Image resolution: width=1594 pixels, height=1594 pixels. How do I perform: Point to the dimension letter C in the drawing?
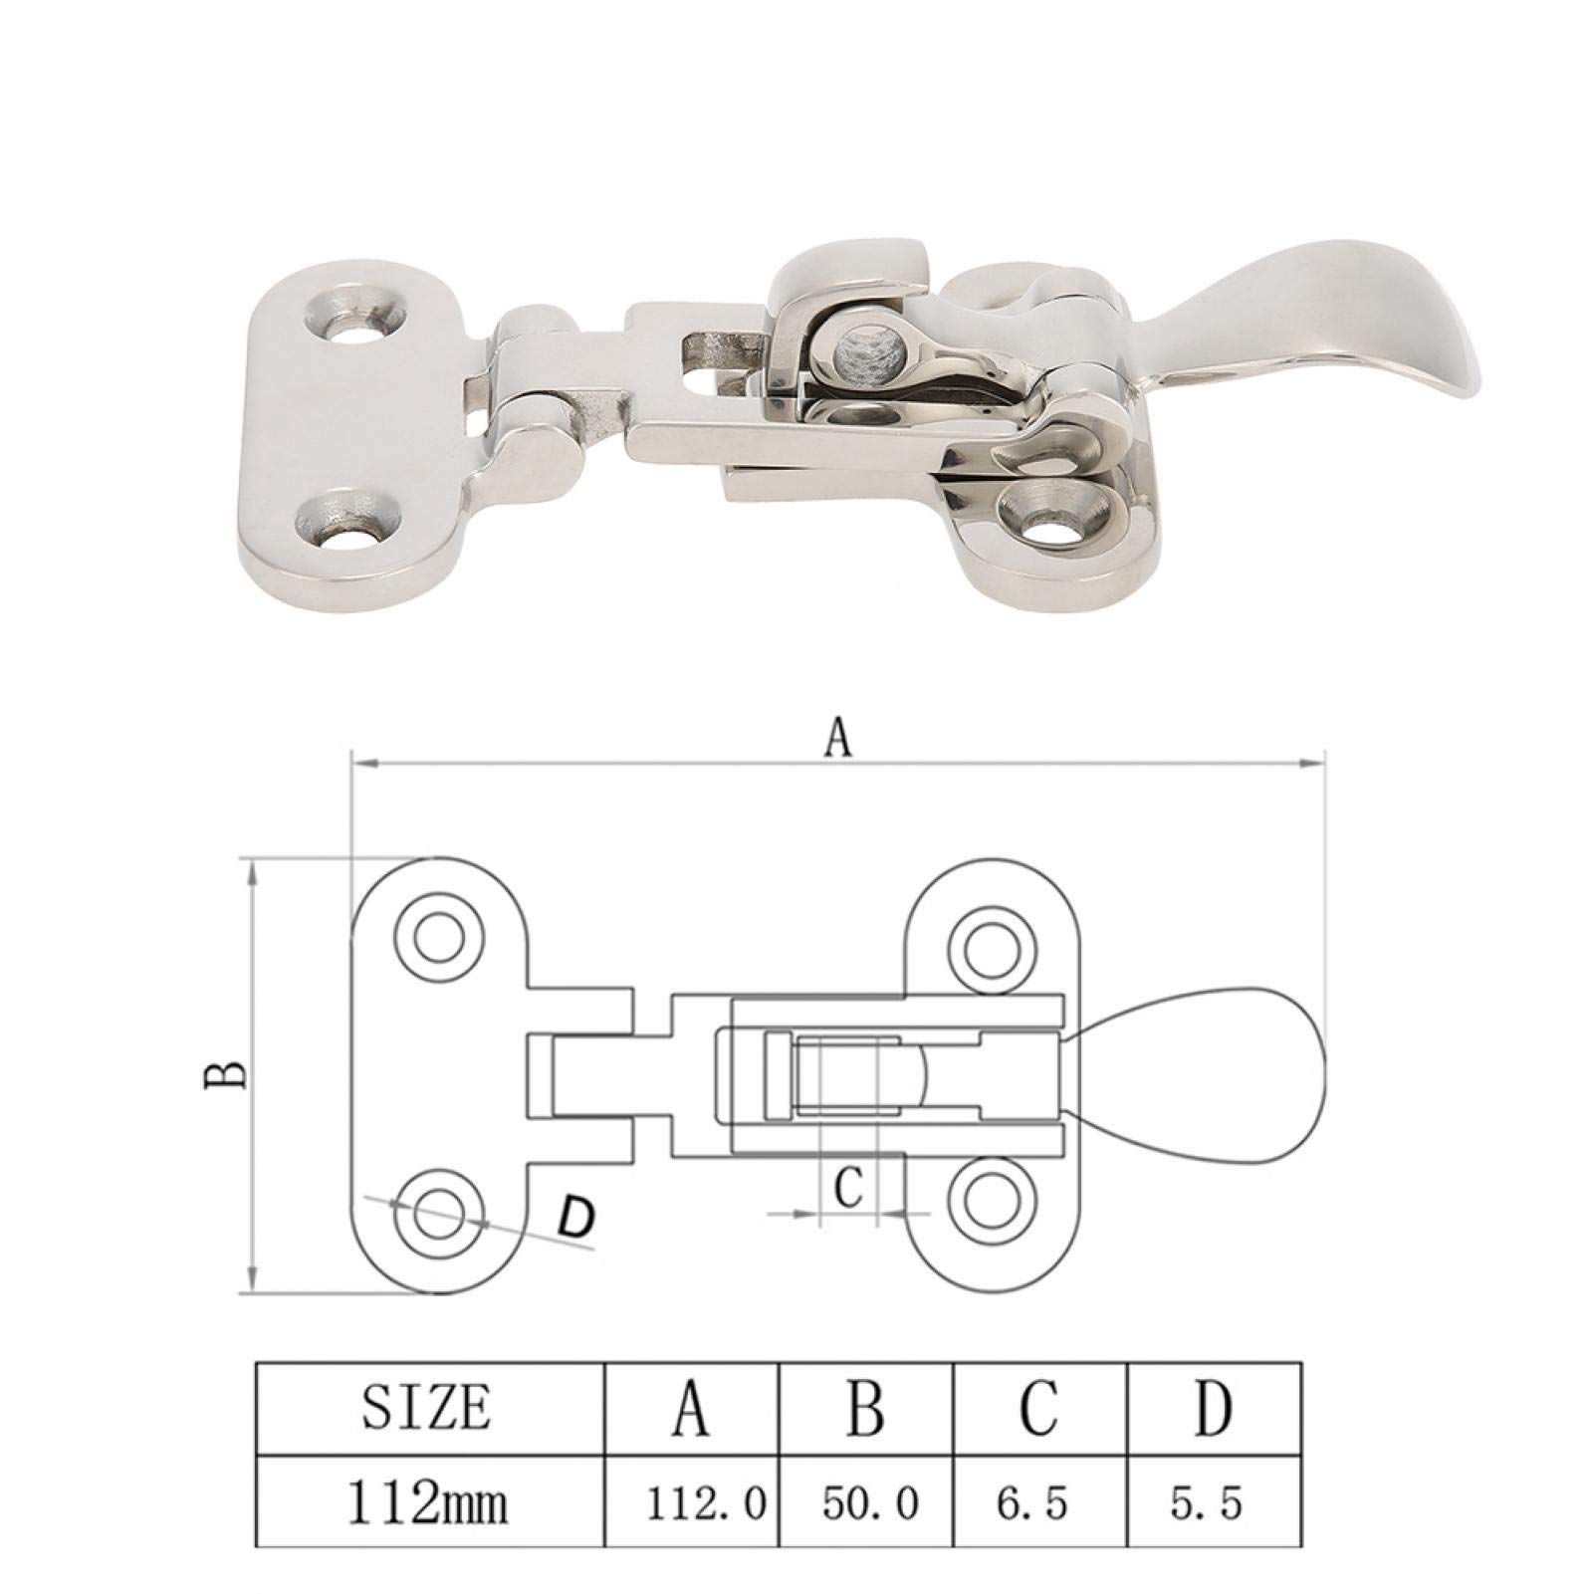click(x=847, y=1187)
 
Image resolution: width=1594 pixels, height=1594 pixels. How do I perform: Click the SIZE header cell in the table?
click(x=426, y=1409)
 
